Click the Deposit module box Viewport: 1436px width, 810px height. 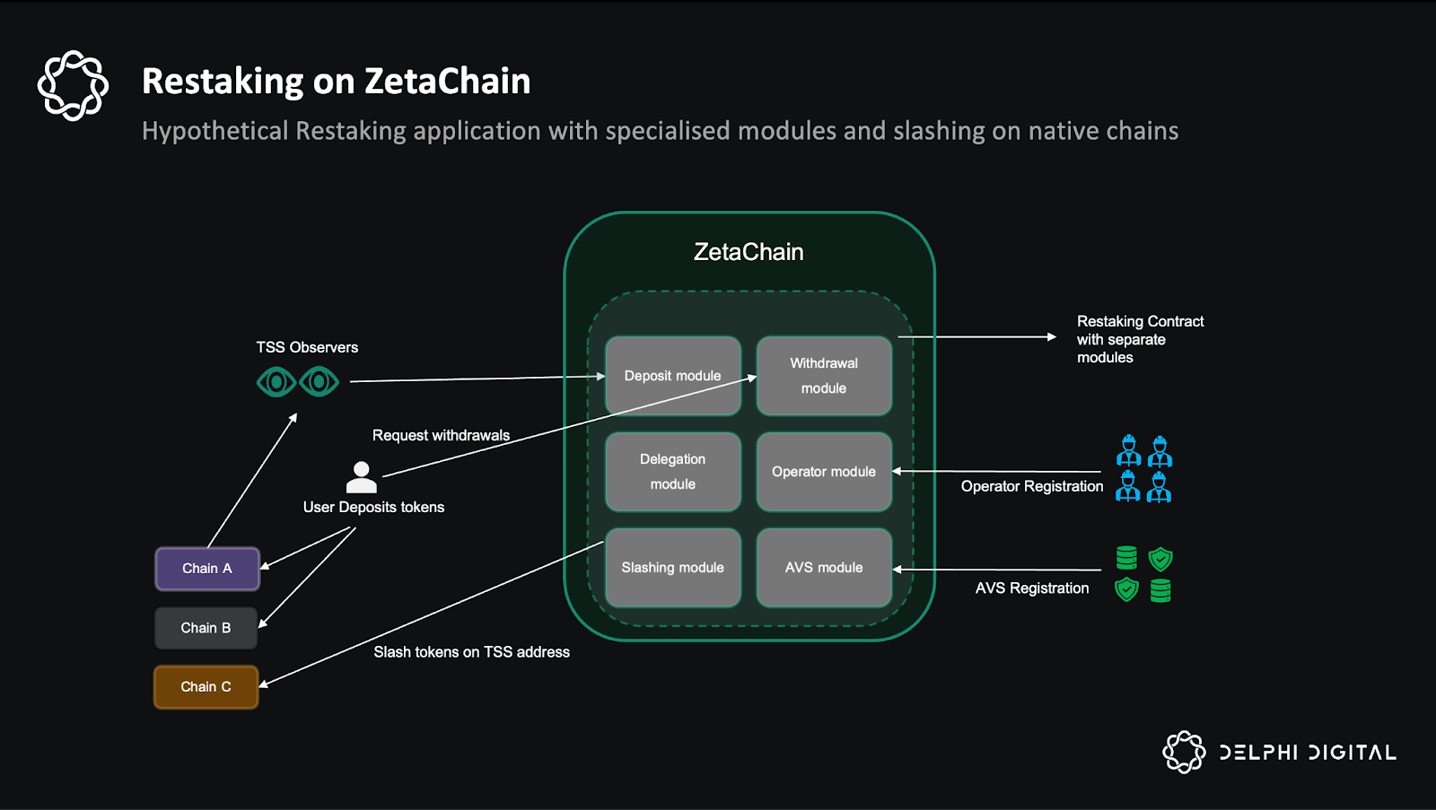pyautogui.click(x=672, y=376)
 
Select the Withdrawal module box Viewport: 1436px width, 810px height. pyautogui.click(x=824, y=376)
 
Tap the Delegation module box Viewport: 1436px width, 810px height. pyautogui.click(x=672, y=472)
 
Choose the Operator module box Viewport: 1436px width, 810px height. pyautogui.click(x=824, y=472)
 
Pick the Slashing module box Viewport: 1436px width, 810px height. pyautogui.click(x=672, y=568)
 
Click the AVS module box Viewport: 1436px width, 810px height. pyautogui.click(x=824, y=568)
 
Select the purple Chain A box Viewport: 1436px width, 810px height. pyautogui.click(x=207, y=569)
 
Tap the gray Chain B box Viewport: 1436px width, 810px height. pyautogui.click(x=206, y=628)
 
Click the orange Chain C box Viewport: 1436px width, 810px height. pyautogui.click(x=206, y=687)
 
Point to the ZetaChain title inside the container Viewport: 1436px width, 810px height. pyautogui.click(x=749, y=252)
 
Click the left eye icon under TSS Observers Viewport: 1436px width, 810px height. pyautogui.click(x=276, y=382)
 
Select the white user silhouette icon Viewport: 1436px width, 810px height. pyautogui.click(x=362, y=477)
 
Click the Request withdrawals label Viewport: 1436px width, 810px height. pyautogui.click(x=441, y=435)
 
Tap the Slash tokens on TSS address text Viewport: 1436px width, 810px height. pyautogui.click(x=471, y=652)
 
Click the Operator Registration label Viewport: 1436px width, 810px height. pyautogui.click(x=1032, y=486)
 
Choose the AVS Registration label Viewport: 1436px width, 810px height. pyautogui.click(x=1032, y=588)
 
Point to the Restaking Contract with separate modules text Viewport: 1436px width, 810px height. pyautogui.click(x=1140, y=339)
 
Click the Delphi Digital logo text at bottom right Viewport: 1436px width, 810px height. pyautogui.click(x=1307, y=753)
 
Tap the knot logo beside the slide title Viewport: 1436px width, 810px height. pyautogui.click(x=73, y=85)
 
